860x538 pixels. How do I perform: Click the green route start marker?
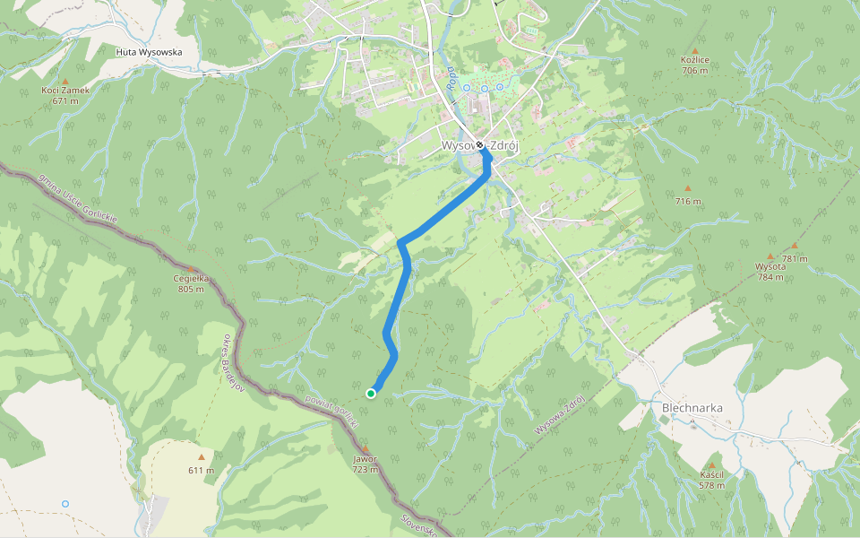click(371, 393)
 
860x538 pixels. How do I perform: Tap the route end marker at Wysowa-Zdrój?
click(480, 144)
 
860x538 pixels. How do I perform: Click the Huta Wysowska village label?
click(149, 52)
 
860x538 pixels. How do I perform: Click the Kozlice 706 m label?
click(695, 65)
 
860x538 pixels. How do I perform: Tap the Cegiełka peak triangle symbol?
click(191, 269)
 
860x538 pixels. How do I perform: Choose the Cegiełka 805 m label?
click(191, 283)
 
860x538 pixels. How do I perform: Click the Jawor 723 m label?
click(365, 464)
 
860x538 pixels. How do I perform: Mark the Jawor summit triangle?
click(365, 449)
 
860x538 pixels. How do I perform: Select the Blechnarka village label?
click(692, 408)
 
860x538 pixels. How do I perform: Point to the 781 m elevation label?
click(795, 259)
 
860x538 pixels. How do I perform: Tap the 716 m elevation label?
click(688, 202)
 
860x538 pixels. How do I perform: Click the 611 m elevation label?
click(201, 470)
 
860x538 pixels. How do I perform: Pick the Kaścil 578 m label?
click(711, 480)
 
